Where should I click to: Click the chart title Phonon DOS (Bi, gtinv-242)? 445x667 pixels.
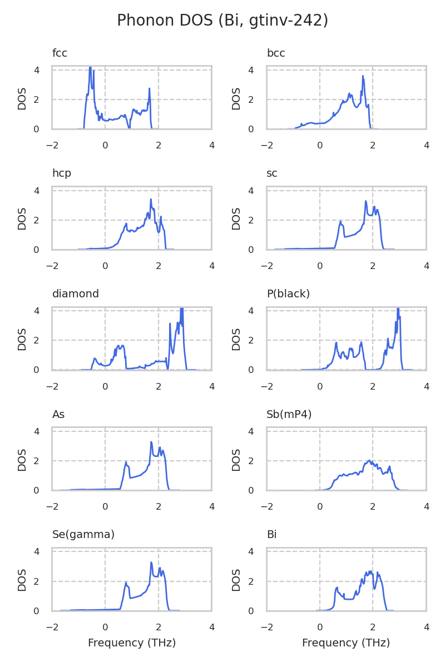222,21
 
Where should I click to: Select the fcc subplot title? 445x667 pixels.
60,53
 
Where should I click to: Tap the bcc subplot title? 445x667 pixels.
276,53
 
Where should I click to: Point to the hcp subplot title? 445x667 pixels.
62,173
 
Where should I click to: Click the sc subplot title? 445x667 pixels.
272,173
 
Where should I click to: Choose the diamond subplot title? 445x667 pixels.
76,294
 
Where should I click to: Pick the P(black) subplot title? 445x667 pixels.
288,294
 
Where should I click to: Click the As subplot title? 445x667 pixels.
58,415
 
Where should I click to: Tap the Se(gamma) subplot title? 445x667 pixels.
83,535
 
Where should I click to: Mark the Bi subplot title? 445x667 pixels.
271,535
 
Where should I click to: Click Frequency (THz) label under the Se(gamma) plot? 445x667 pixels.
132,643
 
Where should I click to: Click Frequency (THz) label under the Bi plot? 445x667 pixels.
346,643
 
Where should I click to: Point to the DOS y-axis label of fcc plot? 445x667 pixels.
22,98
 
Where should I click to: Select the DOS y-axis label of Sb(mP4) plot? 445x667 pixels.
236,459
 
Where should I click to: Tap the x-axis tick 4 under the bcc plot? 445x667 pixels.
426,146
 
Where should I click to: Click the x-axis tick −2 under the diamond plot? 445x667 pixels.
52,387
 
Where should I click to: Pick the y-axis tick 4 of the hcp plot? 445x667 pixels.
36,191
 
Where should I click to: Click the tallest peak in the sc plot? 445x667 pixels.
365,201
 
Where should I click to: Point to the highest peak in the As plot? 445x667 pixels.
151,442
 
